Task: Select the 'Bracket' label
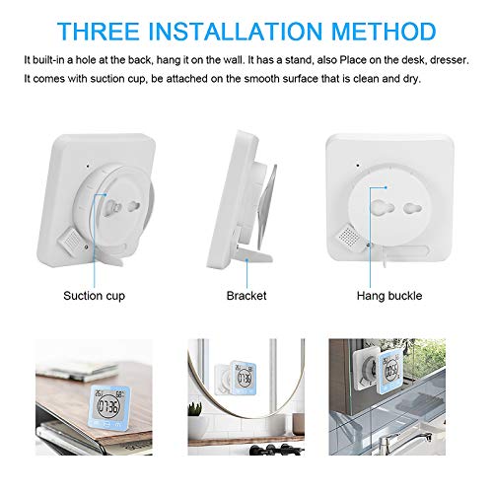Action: pos(246,294)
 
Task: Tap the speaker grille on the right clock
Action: pos(431,233)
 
